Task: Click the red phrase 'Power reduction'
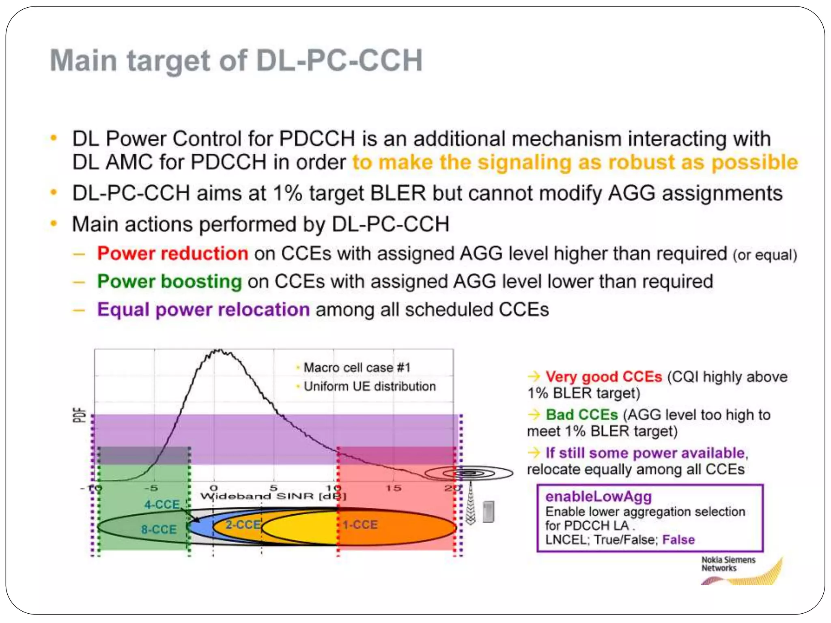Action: coord(172,254)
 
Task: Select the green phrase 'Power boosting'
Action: coord(169,281)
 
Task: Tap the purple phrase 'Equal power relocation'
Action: coord(203,310)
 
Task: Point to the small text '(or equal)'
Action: coord(765,255)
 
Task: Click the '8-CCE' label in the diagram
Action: coord(159,529)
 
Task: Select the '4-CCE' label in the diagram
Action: coord(162,504)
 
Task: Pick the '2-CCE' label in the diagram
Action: coord(243,525)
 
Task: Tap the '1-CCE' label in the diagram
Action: coord(360,525)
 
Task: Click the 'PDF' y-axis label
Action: coord(80,415)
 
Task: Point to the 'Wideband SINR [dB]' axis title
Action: coord(273,496)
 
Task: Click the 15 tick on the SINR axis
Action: coord(393,488)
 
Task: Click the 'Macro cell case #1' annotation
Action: coord(357,368)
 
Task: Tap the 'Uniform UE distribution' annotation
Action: coord(370,387)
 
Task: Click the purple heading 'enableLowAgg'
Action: coord(598,496)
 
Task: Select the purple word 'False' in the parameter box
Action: coord(678,540)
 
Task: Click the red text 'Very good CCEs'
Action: coord(603,377)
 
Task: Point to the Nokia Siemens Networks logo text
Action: coord(728,564)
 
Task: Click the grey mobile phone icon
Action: coord(489,511)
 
